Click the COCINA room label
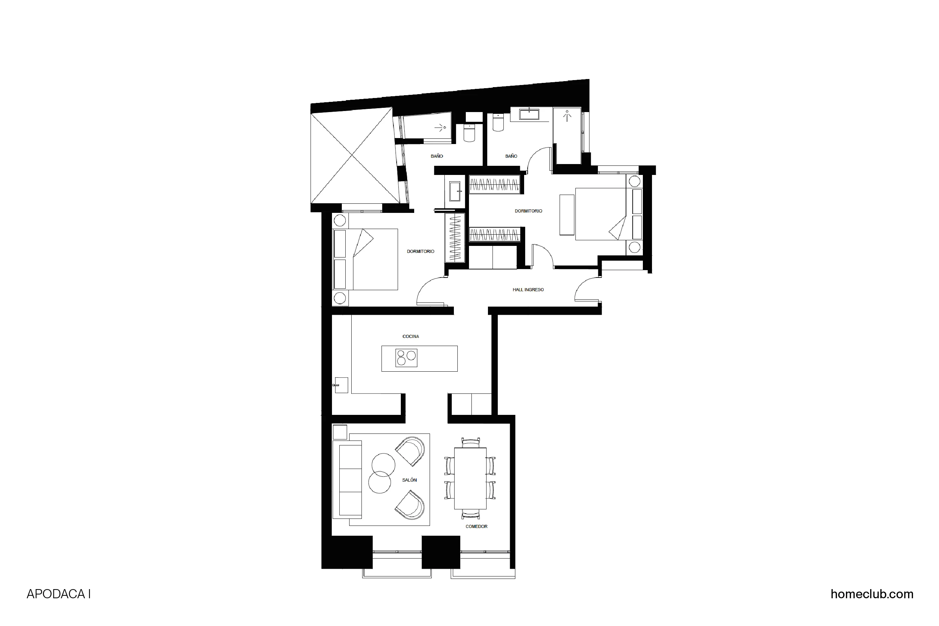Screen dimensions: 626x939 [x=410, y=337]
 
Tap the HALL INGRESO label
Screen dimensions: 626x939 [x=528, y=290]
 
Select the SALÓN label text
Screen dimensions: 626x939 [x=409, y=480]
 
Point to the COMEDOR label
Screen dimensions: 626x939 [x=476, y=527]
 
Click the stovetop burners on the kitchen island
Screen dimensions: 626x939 [x=406, y=358]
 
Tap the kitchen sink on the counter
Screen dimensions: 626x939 [x=341, y=385]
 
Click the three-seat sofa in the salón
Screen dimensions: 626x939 [x=350, y=480]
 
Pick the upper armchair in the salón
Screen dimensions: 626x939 [x=410, y=451]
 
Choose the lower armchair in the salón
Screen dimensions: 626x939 [x=410, y=505]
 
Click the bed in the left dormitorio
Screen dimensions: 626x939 [x=365, y=259]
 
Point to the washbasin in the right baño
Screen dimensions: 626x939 [x=529, y=114]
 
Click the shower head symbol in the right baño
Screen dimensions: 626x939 [x=567, y=116]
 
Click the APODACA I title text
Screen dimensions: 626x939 [x=59, y=594]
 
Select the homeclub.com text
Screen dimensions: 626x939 [x=872, y=594]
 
